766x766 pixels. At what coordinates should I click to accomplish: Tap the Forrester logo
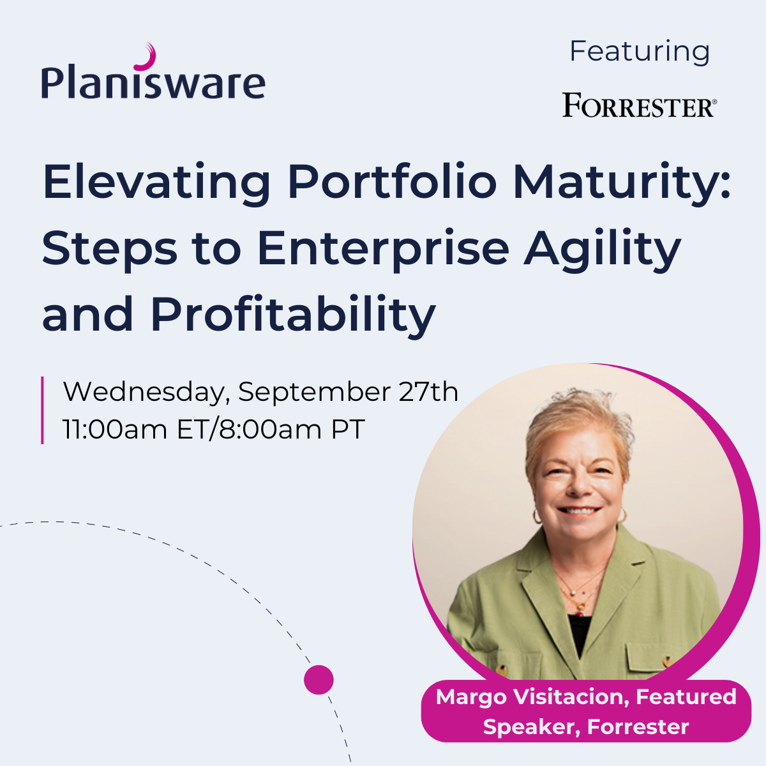pyautogui.click(x=639, y=105)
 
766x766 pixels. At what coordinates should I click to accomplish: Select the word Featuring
pyautogui.click(x=640, y=52)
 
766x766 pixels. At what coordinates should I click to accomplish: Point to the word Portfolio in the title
pyautogui.click(x=392, y=182)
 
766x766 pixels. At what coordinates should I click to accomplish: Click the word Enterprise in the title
pyautogui.click(x=383, y=250)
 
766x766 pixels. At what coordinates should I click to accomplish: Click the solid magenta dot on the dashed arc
pyautogui.click(x=319, y=680)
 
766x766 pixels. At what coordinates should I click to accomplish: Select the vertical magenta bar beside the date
pyautogui.click(x=42, y=410)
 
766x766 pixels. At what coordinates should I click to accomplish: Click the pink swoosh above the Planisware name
pyautogui.click(x=148, y=57)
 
